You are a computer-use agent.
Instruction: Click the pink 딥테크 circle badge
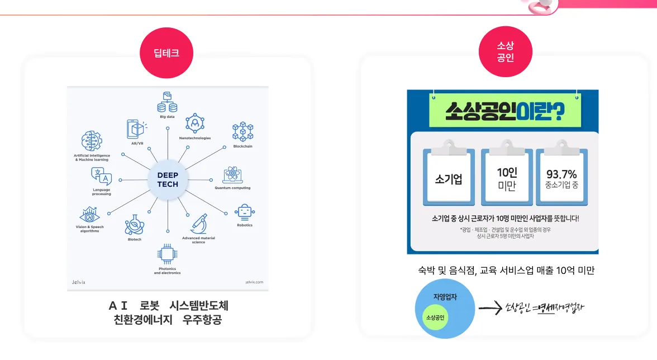coord(166,54)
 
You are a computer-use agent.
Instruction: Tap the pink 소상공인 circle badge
coord(505,52)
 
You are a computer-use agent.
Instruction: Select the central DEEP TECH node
coord(168,179)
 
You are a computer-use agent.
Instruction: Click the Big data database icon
coord(167,103)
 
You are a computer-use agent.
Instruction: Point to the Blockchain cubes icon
coord(243,131)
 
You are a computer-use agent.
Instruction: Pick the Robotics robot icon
coord(245,212)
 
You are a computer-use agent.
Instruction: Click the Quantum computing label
coord(232,188)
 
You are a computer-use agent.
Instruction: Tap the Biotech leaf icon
coord(135,224)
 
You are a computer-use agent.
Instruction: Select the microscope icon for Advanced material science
coord(198,224)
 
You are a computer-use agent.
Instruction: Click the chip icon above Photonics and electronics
coord(167,255)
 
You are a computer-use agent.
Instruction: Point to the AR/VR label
coord(137,144)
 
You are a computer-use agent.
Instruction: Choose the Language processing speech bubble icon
coord(102,177)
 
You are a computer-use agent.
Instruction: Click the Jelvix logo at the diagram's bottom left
coord(79,282)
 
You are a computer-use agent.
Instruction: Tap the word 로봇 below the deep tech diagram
coord(149,306)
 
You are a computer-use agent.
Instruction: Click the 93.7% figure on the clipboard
coord(561,174)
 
